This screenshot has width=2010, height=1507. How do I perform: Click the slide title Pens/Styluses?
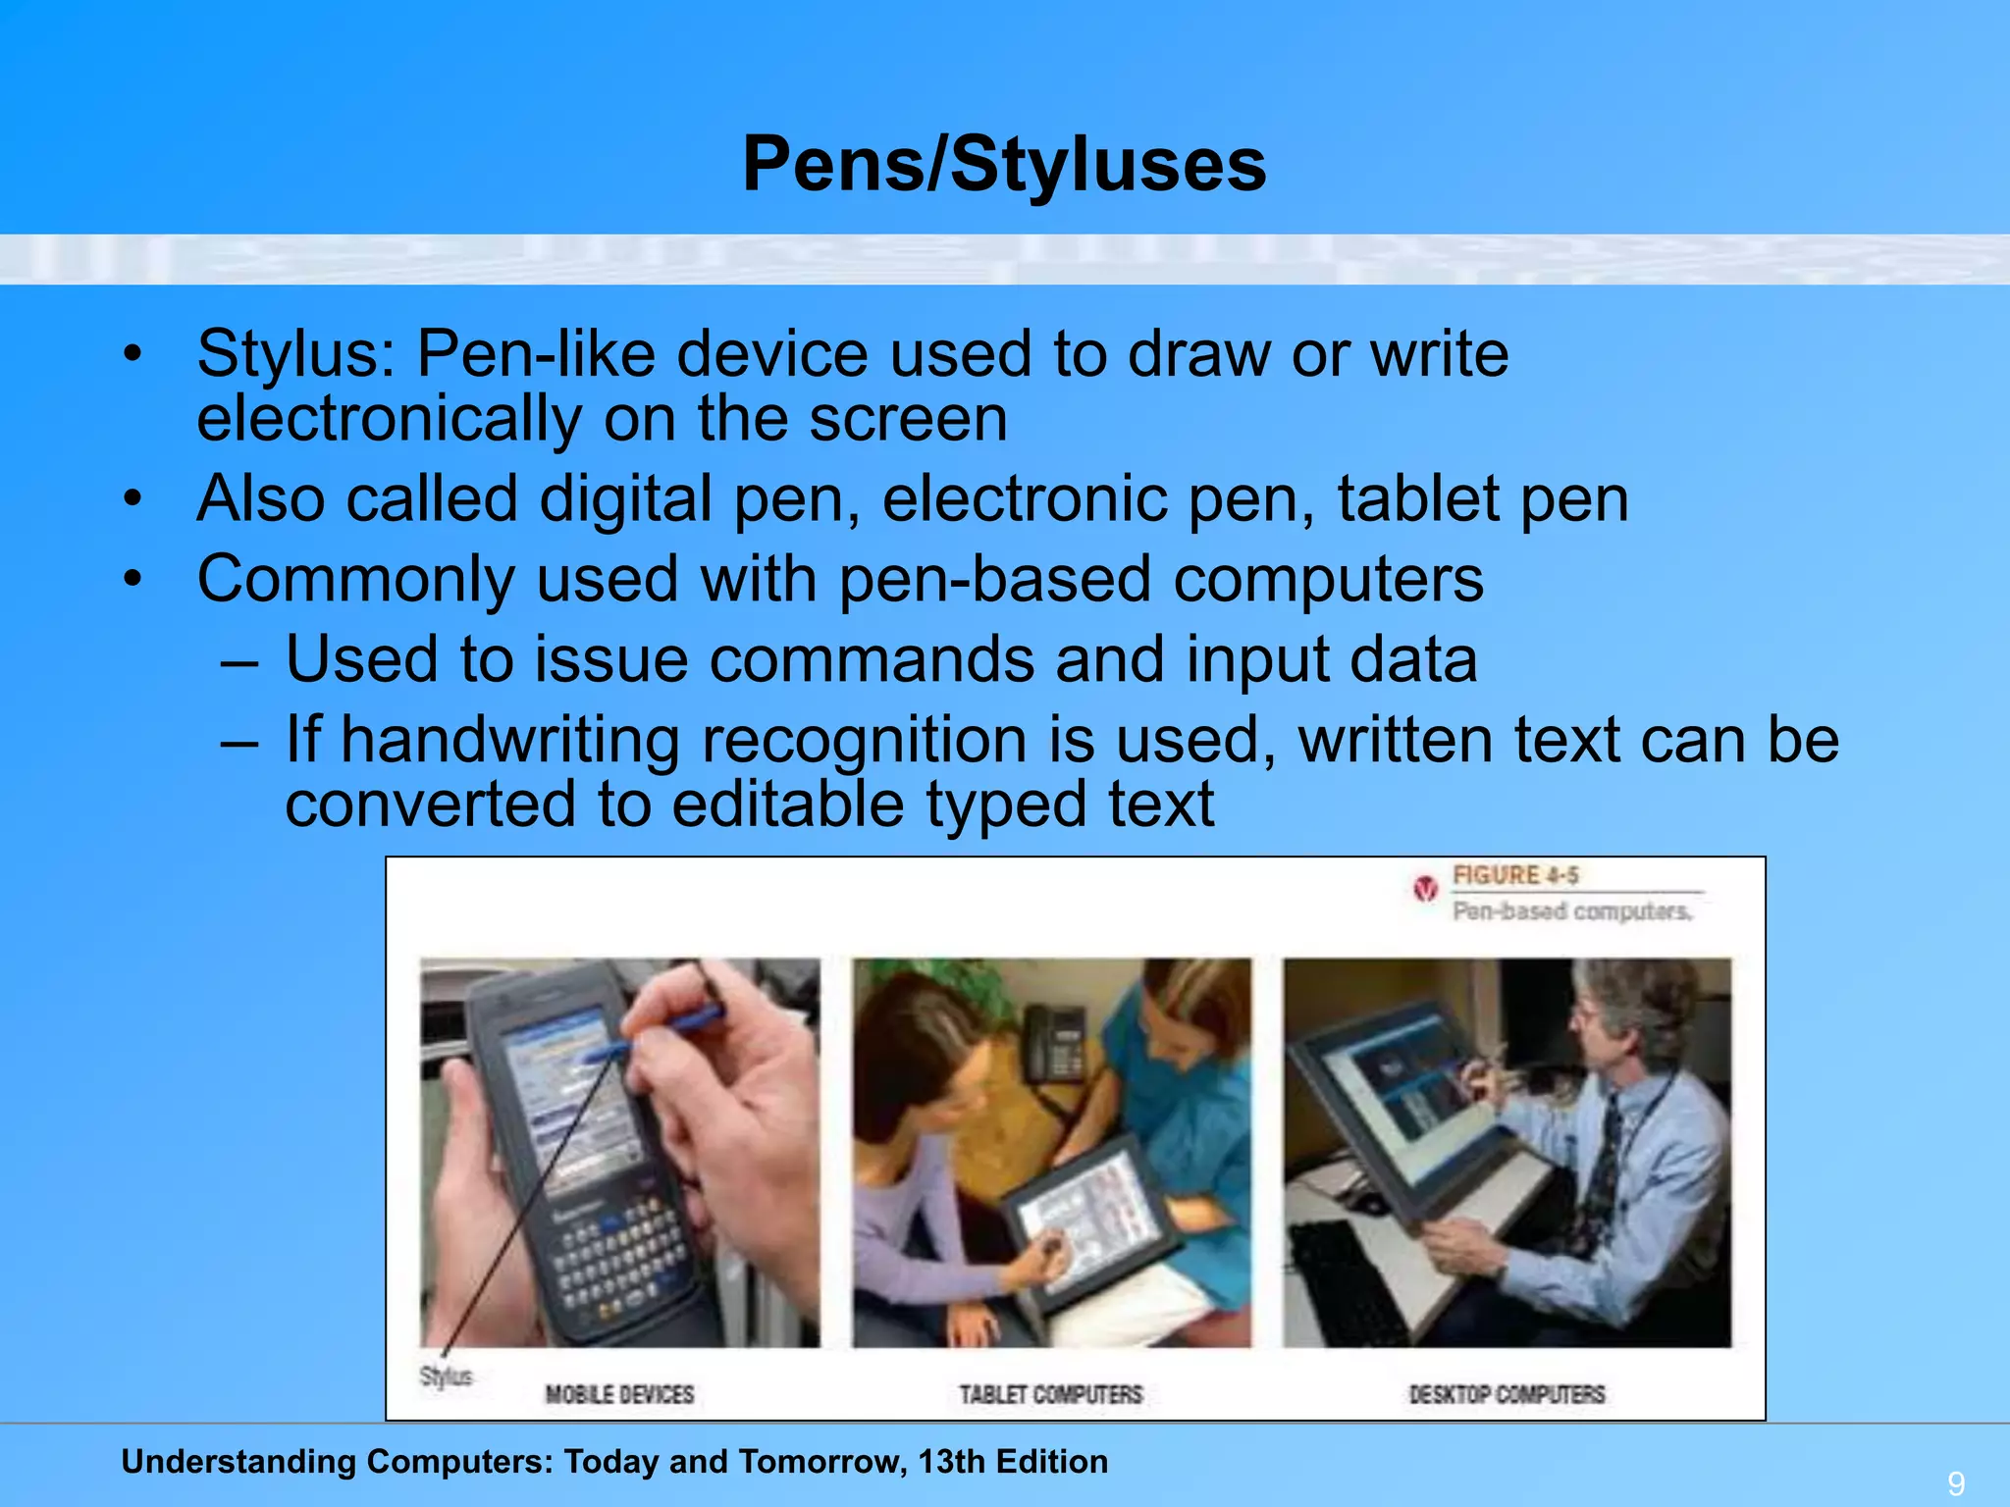(1004, 164)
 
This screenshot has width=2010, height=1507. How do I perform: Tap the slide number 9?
(1956, 1482)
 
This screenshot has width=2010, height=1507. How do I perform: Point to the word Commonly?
(355, 579)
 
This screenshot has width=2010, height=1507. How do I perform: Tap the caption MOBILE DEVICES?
(619, 1394)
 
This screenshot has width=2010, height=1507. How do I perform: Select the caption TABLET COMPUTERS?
(1050, 1394)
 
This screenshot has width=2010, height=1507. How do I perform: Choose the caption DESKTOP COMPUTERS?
(1507, 1394)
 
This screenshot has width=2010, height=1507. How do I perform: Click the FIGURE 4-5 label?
(1515, 875)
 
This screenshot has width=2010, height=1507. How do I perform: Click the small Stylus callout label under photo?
(446, 1377)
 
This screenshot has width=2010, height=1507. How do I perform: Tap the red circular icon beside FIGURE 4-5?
(1425, 889)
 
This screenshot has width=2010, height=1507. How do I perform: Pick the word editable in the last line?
(788, 805)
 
